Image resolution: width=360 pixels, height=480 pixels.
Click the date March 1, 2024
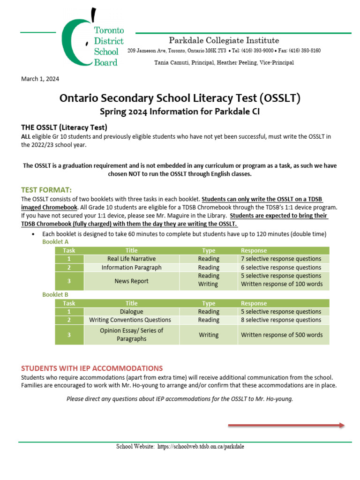click(x=40, y=79)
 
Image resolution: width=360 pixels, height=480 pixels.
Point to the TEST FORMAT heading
click(x=46, y=189)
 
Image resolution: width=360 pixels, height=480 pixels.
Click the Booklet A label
click(x=55, y=241)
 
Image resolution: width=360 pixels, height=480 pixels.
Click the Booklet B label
click(x=55, y=294)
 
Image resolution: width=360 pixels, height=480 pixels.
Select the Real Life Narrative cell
click(x=131, y=259)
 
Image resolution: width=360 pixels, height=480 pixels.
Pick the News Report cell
click(x=131, y=281)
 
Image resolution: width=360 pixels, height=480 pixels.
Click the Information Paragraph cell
click(x=131, y=268)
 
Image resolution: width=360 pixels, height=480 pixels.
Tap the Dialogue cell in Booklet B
click(x=131, y=312)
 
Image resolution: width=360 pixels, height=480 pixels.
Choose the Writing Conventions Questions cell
click(x=130, y=320)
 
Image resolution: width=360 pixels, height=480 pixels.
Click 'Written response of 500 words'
click(x=282, y=335)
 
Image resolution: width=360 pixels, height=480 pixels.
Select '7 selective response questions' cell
click(x=281, y=259)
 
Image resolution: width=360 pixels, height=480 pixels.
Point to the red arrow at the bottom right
click(x=286, y=425)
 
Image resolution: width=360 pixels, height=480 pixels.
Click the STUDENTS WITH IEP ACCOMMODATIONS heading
click(x=92, y=368)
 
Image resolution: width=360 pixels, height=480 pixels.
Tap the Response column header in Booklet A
click(x=254, y=250)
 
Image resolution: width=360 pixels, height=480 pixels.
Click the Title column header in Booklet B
click(x=131, y=303)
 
